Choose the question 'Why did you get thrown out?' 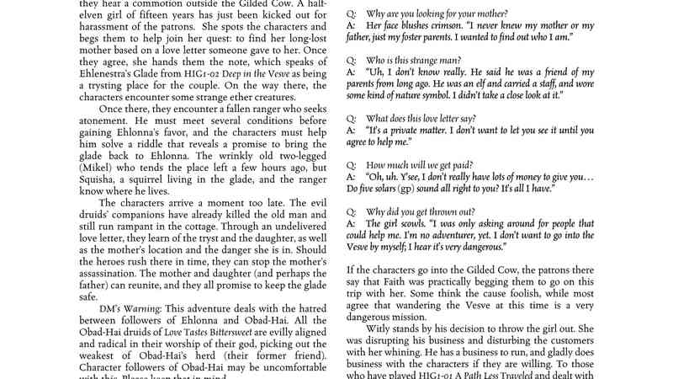[422, 211]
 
